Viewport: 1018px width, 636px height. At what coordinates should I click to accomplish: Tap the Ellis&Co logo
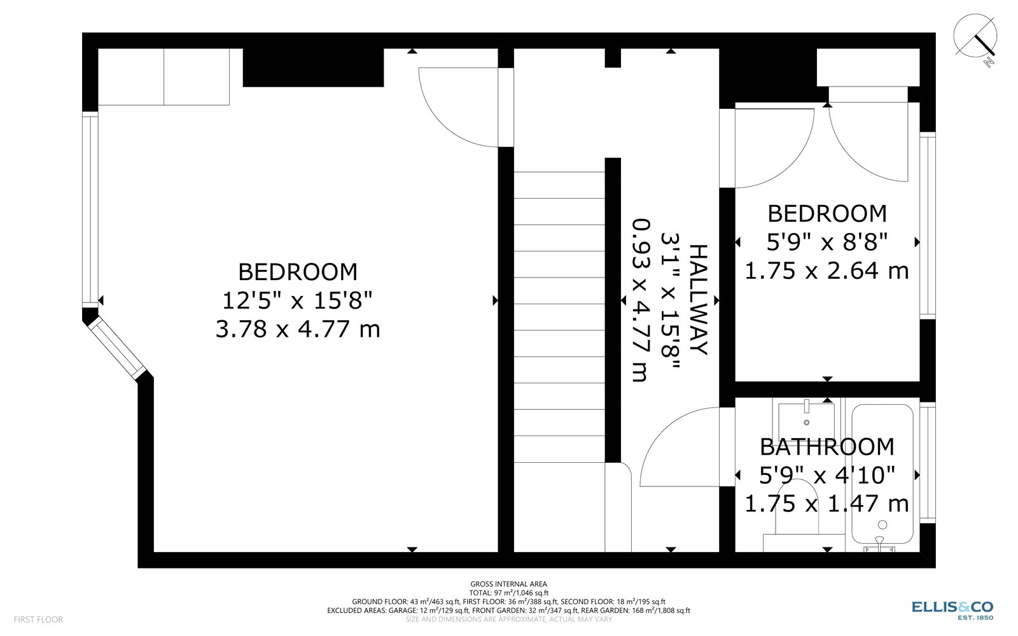pos(952,611)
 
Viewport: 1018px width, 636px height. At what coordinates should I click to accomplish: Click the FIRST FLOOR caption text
pos(39,619)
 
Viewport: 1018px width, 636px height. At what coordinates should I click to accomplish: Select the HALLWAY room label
pos(699,300)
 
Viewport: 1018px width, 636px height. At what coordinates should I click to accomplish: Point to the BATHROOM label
pos(827,447)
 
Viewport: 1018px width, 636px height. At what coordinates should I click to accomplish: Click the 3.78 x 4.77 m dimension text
pos(298,329)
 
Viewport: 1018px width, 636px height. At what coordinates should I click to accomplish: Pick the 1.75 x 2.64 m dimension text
pos(826,271)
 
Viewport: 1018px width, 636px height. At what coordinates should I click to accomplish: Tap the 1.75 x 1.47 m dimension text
pos(826,504)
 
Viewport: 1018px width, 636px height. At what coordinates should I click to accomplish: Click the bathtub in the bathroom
pos(882,475)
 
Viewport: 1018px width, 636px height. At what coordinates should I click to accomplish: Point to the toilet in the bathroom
pos(798,514)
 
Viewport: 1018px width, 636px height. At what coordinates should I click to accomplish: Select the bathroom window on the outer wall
pos(928,462)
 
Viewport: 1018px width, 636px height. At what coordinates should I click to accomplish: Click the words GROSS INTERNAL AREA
pos(508,584)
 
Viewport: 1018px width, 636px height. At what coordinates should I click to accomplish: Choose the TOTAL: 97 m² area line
pos(508,593)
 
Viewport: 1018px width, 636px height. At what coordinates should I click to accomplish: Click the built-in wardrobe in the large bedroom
pos(164,77)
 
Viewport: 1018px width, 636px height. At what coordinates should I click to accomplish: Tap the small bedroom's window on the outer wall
pos(928,225)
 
